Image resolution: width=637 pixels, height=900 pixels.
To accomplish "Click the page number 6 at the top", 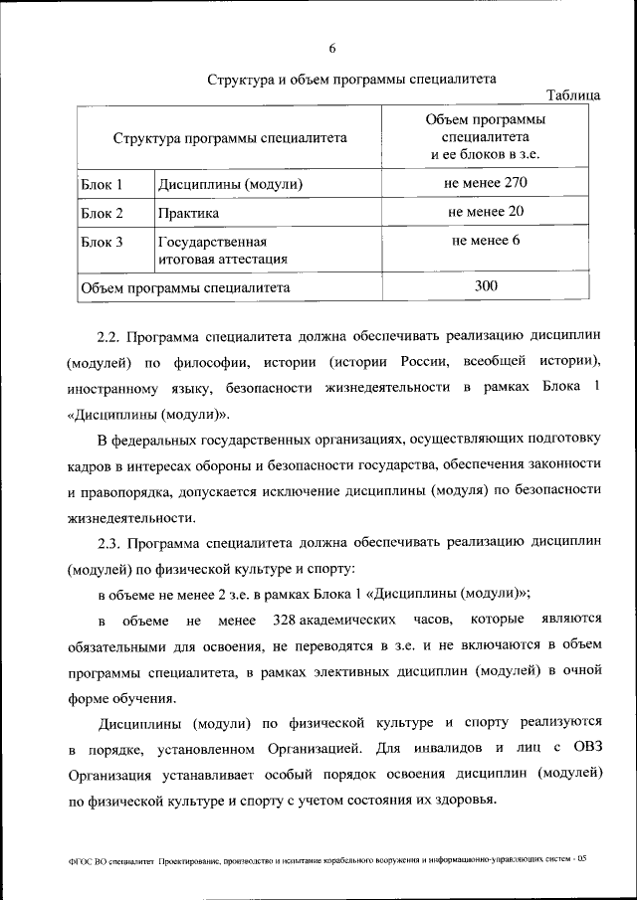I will (x=332, y=49).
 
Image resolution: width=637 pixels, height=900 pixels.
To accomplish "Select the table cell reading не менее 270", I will (x=486, y=183).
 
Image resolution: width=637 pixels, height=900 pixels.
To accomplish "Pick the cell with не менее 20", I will (x=486, y=212).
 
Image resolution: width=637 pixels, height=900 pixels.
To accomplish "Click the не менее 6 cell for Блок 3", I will (x=486, y=241).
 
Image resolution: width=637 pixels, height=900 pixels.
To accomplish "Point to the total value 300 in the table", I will (x=486, y=286).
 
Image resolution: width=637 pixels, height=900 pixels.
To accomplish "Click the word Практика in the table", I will (x=188, y=213).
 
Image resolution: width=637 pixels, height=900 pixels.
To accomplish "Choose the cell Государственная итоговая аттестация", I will (x=222, y=250).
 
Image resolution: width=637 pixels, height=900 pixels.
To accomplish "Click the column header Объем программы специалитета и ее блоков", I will (x=486, y=137).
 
